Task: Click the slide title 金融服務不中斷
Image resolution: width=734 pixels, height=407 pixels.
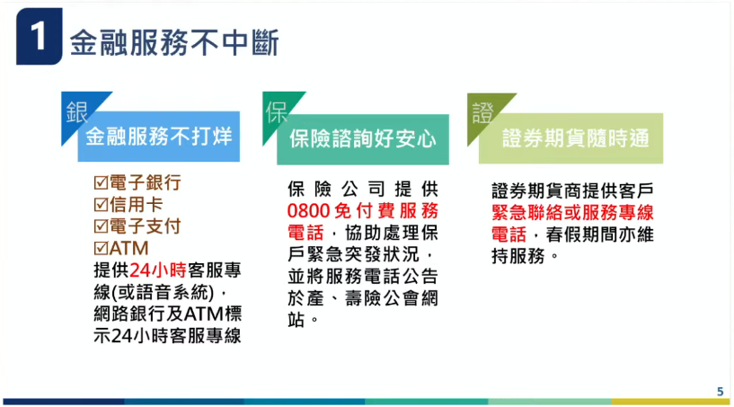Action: click(x=174, y=41)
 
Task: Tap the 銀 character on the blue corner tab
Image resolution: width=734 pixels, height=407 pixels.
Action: click(x=76, y=111)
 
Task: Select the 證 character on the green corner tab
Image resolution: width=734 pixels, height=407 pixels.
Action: click(x=482, y=112)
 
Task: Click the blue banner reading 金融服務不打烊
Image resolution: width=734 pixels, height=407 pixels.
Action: click(x=159, y=137)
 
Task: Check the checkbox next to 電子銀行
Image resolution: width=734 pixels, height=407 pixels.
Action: click(x=101, y=182)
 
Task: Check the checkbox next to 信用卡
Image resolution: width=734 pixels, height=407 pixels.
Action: click(x=101, y=204)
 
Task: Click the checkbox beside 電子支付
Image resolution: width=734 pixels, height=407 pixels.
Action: click(x=101, y=226)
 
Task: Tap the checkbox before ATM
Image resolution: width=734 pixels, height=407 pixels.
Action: click(x=101, y=247)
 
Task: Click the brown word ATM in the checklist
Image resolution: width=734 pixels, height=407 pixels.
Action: click(x=128, y=247)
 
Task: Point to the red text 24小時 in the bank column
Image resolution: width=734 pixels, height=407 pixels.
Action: click(x=156, y=270)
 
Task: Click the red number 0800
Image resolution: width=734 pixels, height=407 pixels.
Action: click(x=309, y=211)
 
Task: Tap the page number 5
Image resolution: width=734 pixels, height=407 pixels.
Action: click(x=720, y=391)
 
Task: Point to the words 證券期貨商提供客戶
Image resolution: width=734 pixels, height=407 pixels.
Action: click(x=572, y=190)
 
